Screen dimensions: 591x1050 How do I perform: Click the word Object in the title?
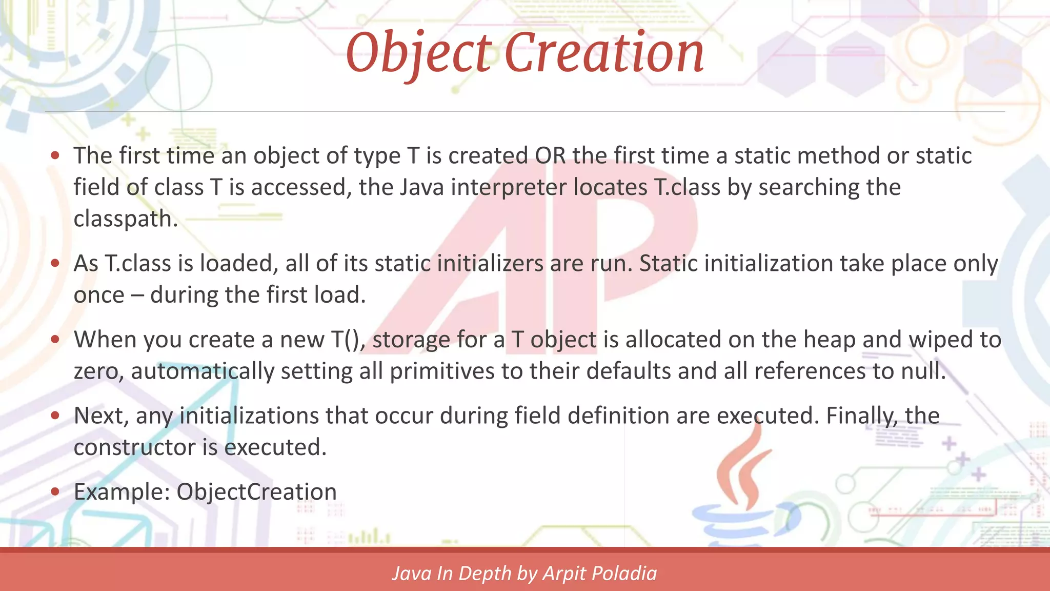tap(418, 53)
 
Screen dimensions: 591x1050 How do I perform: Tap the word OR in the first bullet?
tap(550, 156)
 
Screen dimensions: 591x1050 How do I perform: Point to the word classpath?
tap(125, 219)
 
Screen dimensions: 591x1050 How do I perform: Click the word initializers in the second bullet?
tap(490, 264)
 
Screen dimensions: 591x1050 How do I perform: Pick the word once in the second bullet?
tap(99, 295)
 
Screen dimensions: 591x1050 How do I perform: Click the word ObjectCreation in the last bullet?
tap(256, 492)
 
